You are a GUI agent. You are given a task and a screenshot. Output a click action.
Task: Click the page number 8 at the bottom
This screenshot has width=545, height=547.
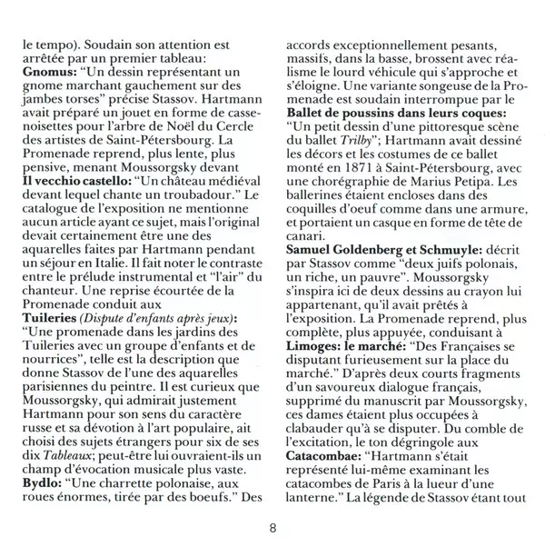coord(273,528)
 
